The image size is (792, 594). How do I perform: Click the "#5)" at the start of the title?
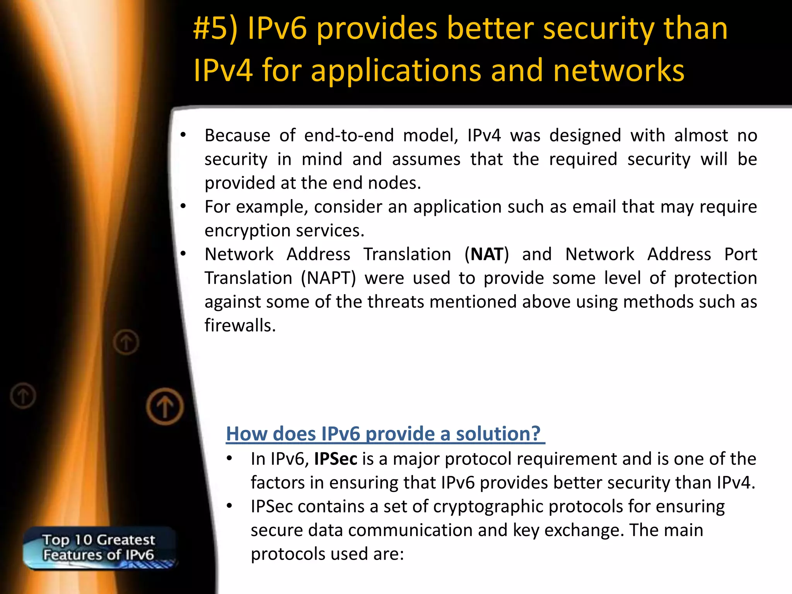click(x=215, y=29)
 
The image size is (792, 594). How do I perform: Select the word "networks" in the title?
click(x=619, y=71)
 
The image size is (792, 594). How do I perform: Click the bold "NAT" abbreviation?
click(x=487, y=254)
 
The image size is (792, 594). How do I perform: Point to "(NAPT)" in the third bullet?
click(x=328, y=278)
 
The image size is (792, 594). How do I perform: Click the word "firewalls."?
click(x=240, y=326)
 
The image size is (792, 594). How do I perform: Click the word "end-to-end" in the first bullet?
click(x=349, y=136)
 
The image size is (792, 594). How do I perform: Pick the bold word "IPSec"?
click(x=336, y=459)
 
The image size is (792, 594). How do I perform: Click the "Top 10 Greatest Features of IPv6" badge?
click(x=99, y=548)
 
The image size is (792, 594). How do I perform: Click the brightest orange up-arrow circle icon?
click(x=165, y=407)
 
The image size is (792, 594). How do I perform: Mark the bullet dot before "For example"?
click(x=183, y=207)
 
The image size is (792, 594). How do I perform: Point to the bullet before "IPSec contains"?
click(x=229, y=506)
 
